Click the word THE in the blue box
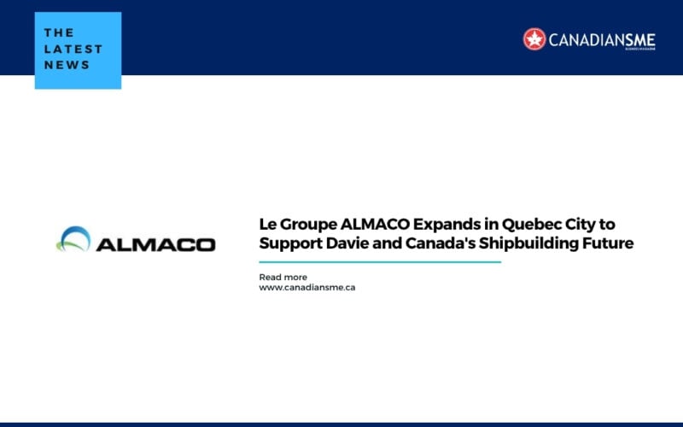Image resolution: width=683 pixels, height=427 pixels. pos(59,33)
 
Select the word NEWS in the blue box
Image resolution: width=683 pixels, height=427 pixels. pos(67,65)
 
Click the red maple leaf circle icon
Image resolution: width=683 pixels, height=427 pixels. pos(534,38)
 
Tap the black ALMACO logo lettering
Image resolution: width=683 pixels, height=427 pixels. pos(155,244)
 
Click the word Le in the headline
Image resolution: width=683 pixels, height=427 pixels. pos(268,224)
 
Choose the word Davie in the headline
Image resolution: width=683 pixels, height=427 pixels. pos(346,243)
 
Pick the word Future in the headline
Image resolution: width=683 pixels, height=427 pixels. pos(607,243)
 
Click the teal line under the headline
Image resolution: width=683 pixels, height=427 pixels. pos(380,262)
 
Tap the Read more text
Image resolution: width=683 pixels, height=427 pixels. pos(283,277)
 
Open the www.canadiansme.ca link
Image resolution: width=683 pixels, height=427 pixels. pos(307,288)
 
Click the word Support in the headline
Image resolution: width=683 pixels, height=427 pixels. pos(289,244)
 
